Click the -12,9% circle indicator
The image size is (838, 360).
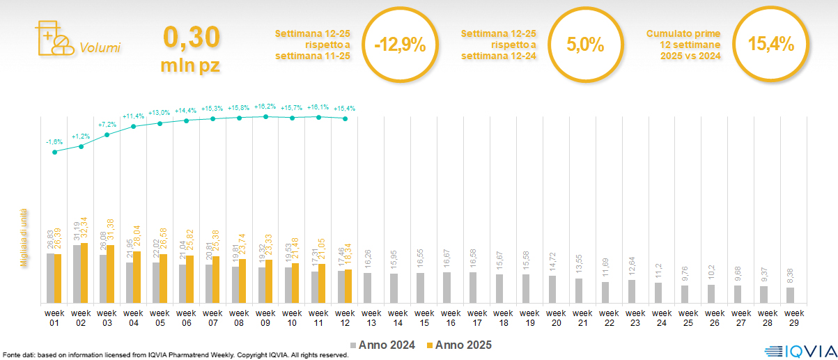click(399, 45)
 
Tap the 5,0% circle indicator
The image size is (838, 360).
click(584, 45)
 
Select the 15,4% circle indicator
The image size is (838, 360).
click(770, 45)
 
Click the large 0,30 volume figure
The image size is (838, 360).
click(191, 38)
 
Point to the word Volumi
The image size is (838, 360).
click(100, 48)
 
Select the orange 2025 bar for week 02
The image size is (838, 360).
click(85, 273)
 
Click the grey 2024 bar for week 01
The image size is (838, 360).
click(50, 278)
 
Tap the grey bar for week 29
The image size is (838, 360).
click(790, 295)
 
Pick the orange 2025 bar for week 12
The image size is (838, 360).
click(349, 286)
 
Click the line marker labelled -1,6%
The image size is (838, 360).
click(54, 152)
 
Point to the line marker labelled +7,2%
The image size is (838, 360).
click(107, 134)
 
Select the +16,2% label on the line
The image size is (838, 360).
click(265, 107)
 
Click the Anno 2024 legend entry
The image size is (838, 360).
click(383, 345)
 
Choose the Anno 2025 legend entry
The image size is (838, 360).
click(459, 345)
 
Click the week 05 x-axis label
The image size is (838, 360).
click(160, 317)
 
